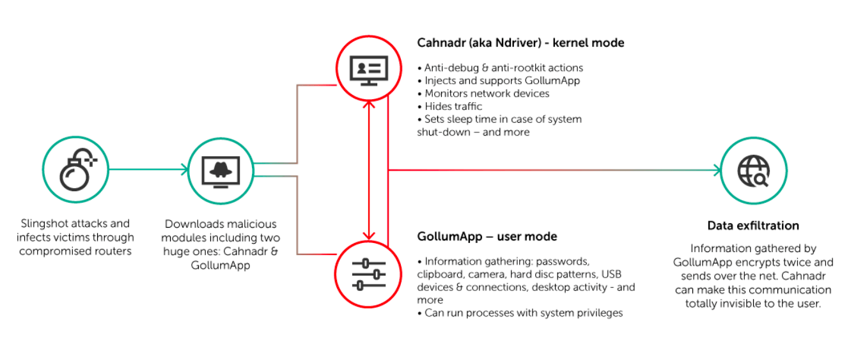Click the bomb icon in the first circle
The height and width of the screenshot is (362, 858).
78,169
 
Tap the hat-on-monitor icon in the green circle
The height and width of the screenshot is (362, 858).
221,172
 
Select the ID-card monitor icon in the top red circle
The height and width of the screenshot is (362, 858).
369,70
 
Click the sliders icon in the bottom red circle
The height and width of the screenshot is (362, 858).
368,274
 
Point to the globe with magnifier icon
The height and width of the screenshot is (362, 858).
753,171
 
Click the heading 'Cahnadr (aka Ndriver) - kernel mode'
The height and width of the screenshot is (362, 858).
520,42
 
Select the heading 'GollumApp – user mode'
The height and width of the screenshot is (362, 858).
487,237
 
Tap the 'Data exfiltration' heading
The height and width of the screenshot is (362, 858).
753,225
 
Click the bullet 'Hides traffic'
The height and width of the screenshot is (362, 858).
449,106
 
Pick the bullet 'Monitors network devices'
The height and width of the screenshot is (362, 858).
483,93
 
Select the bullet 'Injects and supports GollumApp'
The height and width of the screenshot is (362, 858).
499,81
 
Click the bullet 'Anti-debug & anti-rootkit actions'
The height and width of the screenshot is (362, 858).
500,68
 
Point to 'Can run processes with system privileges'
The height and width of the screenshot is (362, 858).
520,313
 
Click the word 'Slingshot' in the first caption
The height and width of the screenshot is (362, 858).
44,223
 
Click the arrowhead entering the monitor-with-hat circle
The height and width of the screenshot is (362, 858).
185,169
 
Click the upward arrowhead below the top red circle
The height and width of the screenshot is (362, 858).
369,104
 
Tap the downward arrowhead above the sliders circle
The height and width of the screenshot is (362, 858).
369,236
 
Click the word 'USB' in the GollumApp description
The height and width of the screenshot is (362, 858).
611,274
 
